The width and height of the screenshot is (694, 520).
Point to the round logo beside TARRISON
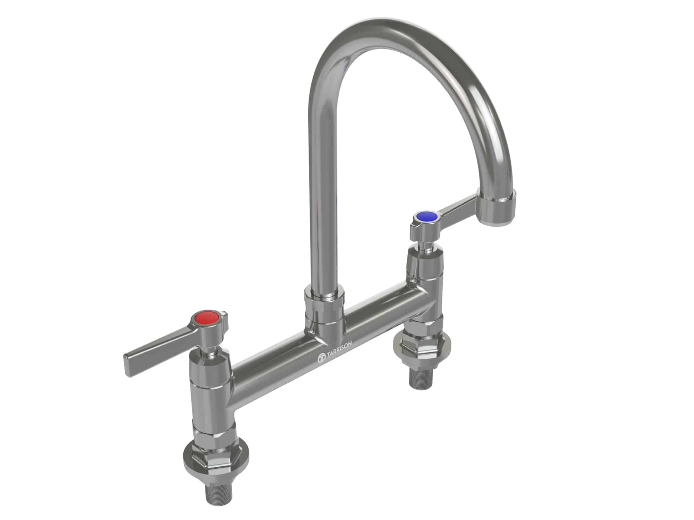[x=321, y=358]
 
